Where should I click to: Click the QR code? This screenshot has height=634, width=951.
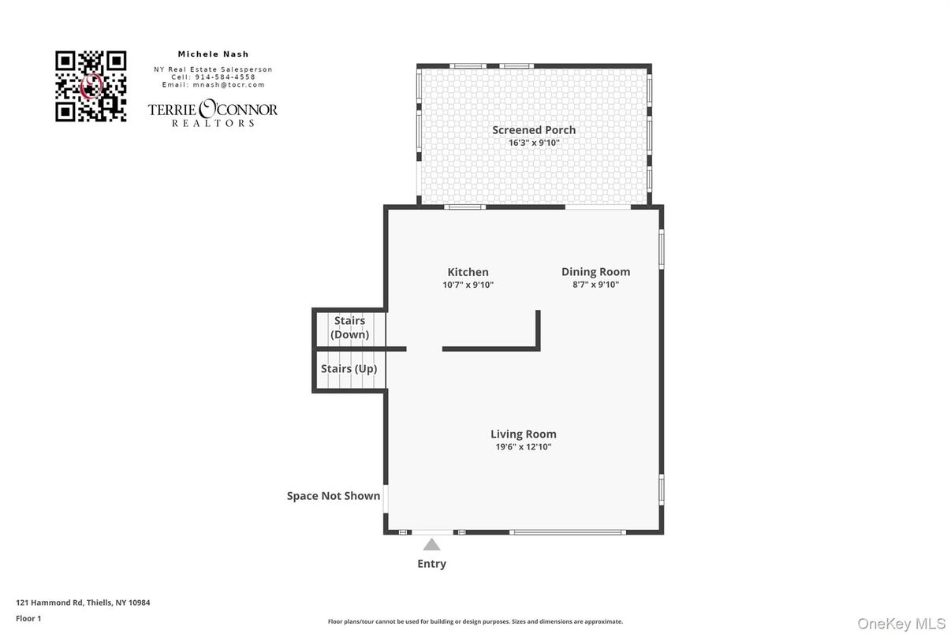[91, 86]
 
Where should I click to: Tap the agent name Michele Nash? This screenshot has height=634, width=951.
[213, 54]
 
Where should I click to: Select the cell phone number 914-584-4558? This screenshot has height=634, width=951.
[225, 76]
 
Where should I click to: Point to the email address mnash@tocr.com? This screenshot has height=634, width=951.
[229, 85]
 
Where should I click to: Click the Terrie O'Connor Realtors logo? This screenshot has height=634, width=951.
[213, 113]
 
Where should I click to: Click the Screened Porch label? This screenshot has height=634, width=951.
[534, 130]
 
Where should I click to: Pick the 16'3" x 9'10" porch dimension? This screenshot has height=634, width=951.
[534, 143]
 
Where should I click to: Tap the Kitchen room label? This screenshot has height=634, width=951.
[468, 272]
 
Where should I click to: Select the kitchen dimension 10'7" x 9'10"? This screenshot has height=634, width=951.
[468, 285]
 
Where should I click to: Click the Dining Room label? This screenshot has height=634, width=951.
[595, 272]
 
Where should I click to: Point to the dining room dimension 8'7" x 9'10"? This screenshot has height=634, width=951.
[595, 285]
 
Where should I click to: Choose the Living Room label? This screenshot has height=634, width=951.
[524, 434]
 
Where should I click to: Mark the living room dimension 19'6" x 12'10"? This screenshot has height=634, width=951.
[524, 447]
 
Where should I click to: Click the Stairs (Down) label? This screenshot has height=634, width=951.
[349, 327]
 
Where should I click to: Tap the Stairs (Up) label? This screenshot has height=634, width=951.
[349, 368]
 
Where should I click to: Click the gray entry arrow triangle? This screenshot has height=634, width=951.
[432, 545]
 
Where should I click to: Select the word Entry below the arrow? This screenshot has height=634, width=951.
[432, 564]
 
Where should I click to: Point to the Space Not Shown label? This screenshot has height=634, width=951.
[334, 495]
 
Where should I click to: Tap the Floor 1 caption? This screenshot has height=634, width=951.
[28, 618]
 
